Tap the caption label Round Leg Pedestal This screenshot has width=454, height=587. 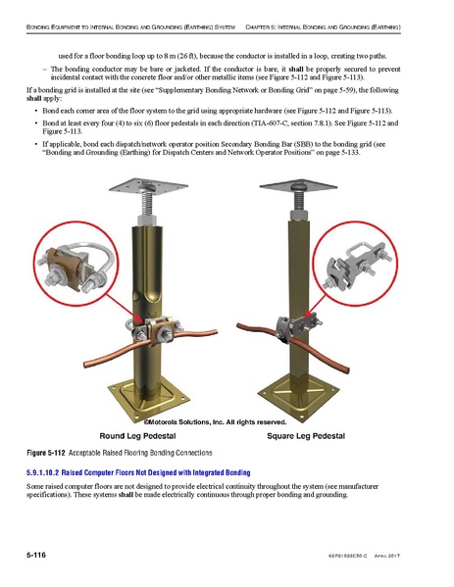point(143,434)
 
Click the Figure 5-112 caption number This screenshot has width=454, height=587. point(45,453)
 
